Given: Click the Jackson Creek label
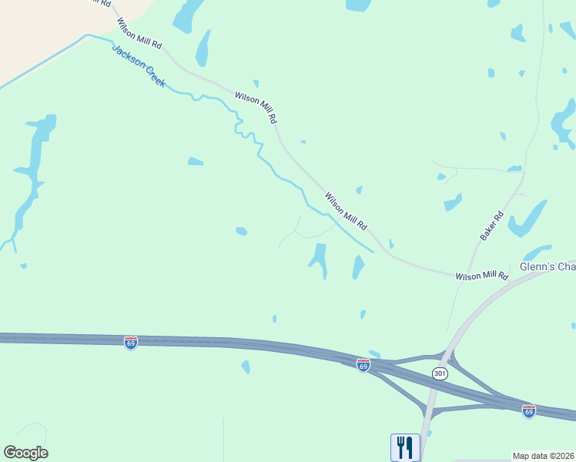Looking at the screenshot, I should (139, 66).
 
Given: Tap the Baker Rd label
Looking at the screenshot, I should (491, 226).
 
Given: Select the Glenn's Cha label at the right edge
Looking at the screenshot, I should (548, 266).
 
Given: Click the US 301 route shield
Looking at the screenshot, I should (440, 373).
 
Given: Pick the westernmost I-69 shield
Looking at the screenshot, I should (131, 342).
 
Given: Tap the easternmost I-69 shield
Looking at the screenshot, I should (528, 410).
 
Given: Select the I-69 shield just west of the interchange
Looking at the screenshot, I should (363, 365).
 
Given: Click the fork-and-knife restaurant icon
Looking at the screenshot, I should (405, 447).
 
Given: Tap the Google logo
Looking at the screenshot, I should (25, 453).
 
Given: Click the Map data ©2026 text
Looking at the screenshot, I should (544, 455).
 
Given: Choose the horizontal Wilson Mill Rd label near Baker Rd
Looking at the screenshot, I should (482, 275).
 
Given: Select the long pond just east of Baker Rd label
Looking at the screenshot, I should (528, 218).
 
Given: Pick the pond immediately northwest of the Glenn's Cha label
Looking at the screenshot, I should (537, 253).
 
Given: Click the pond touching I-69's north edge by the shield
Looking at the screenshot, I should (375, 354).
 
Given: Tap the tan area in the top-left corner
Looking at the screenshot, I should (39, 31).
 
